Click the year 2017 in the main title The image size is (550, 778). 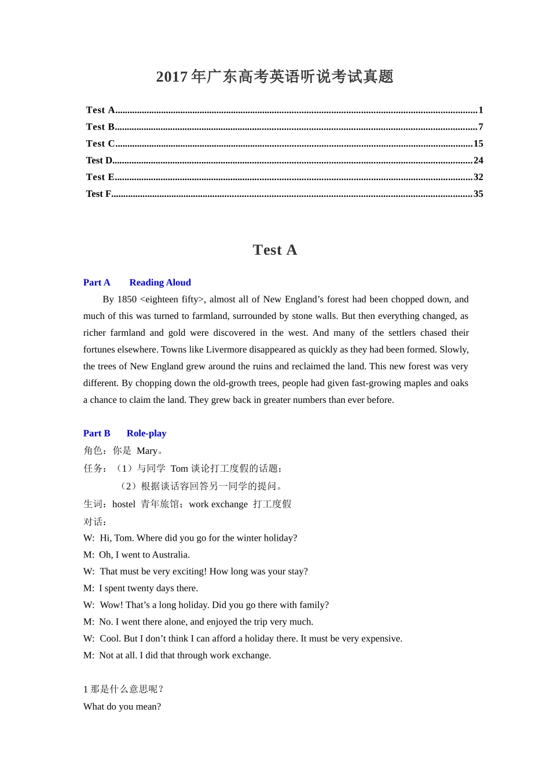click(x=171, y=77)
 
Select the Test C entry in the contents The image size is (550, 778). click(x=100, y=144)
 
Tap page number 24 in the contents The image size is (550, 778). click(x=478, y=160)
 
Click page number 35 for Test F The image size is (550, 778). click(x=478, y=194)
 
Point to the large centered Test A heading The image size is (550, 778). click(x=275, y=250)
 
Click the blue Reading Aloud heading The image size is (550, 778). click(x=160, y=282)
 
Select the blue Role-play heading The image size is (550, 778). click(x=146, y=434)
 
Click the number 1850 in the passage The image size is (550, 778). click(x=127, y=299)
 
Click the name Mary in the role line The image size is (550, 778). click(x=147, y=451)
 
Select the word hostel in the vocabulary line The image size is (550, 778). click(x=124, y=504)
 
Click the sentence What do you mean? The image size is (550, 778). click(x=122, y=707)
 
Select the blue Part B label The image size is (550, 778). click(x=97, y=434)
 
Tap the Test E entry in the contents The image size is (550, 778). click(x=100, y=177)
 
